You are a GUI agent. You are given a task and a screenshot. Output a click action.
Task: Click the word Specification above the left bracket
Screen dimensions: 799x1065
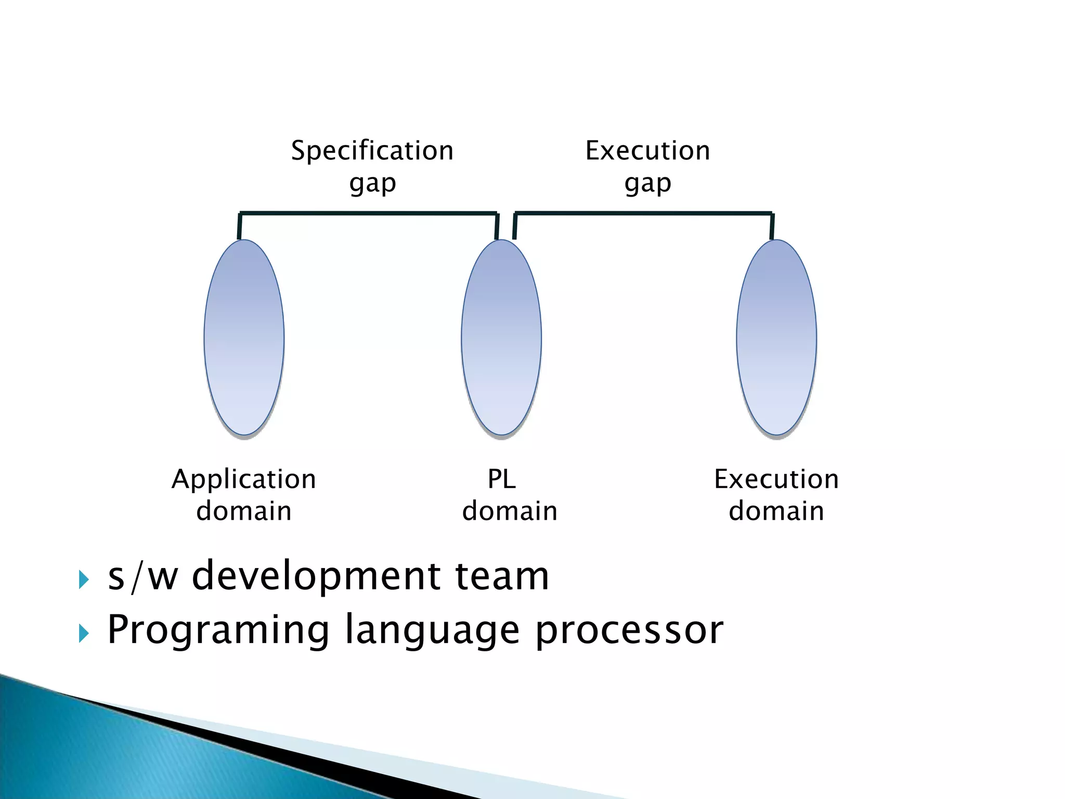pyautogui.click(x=372, y=151)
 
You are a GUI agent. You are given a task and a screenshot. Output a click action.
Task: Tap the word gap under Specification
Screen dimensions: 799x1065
pyautogui.click(x=372, y=184)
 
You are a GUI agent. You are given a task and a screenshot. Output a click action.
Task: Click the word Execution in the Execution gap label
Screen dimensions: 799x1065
pyautogui.click(x=647, y=151)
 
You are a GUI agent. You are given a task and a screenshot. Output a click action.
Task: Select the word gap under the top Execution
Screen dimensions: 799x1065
pyautogui.click(x=647, y=184)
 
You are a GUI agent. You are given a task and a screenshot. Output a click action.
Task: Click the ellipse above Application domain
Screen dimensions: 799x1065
pyautogui.click(x=244, y=337)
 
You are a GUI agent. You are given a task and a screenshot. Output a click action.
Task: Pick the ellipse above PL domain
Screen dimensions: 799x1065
pyautogui.click(x=501, y=337)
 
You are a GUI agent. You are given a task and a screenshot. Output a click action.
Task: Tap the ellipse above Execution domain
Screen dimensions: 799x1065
pyautogui.click(x=776, y=337)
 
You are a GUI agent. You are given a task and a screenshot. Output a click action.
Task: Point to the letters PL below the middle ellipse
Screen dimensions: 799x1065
pyautogui.click(x=501, y=479)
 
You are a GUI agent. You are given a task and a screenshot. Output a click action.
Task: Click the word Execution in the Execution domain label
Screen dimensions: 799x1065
pyautogui.click(x=776, y=479)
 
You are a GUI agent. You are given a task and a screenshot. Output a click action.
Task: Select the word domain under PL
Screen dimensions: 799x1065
pyautogui.click(x=510, y=511)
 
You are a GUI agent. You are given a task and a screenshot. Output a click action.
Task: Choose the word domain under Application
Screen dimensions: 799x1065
pyautogui.click(x=243, y=511)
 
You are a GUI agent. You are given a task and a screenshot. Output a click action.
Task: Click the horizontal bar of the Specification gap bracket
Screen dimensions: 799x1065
pyautogui.click(x=368, y=213)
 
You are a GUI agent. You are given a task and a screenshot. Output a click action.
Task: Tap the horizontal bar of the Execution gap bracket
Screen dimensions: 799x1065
pyautogui.click(x=643, y=213)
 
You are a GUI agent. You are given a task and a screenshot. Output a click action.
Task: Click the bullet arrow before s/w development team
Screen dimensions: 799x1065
pyautogui.click(x=83, y=579)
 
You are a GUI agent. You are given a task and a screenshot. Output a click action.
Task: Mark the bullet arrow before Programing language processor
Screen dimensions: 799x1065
pyautogui.click(x=83, y=633)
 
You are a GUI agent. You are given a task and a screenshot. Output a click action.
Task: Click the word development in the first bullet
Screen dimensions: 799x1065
pyautogui.click(x=316, y=577)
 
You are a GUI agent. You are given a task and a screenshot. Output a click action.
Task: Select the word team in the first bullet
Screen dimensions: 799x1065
pyautogui.click(x=502, y=577)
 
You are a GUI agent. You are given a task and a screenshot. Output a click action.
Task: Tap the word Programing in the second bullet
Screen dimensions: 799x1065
pyautogui.click(x=218, y=631)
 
